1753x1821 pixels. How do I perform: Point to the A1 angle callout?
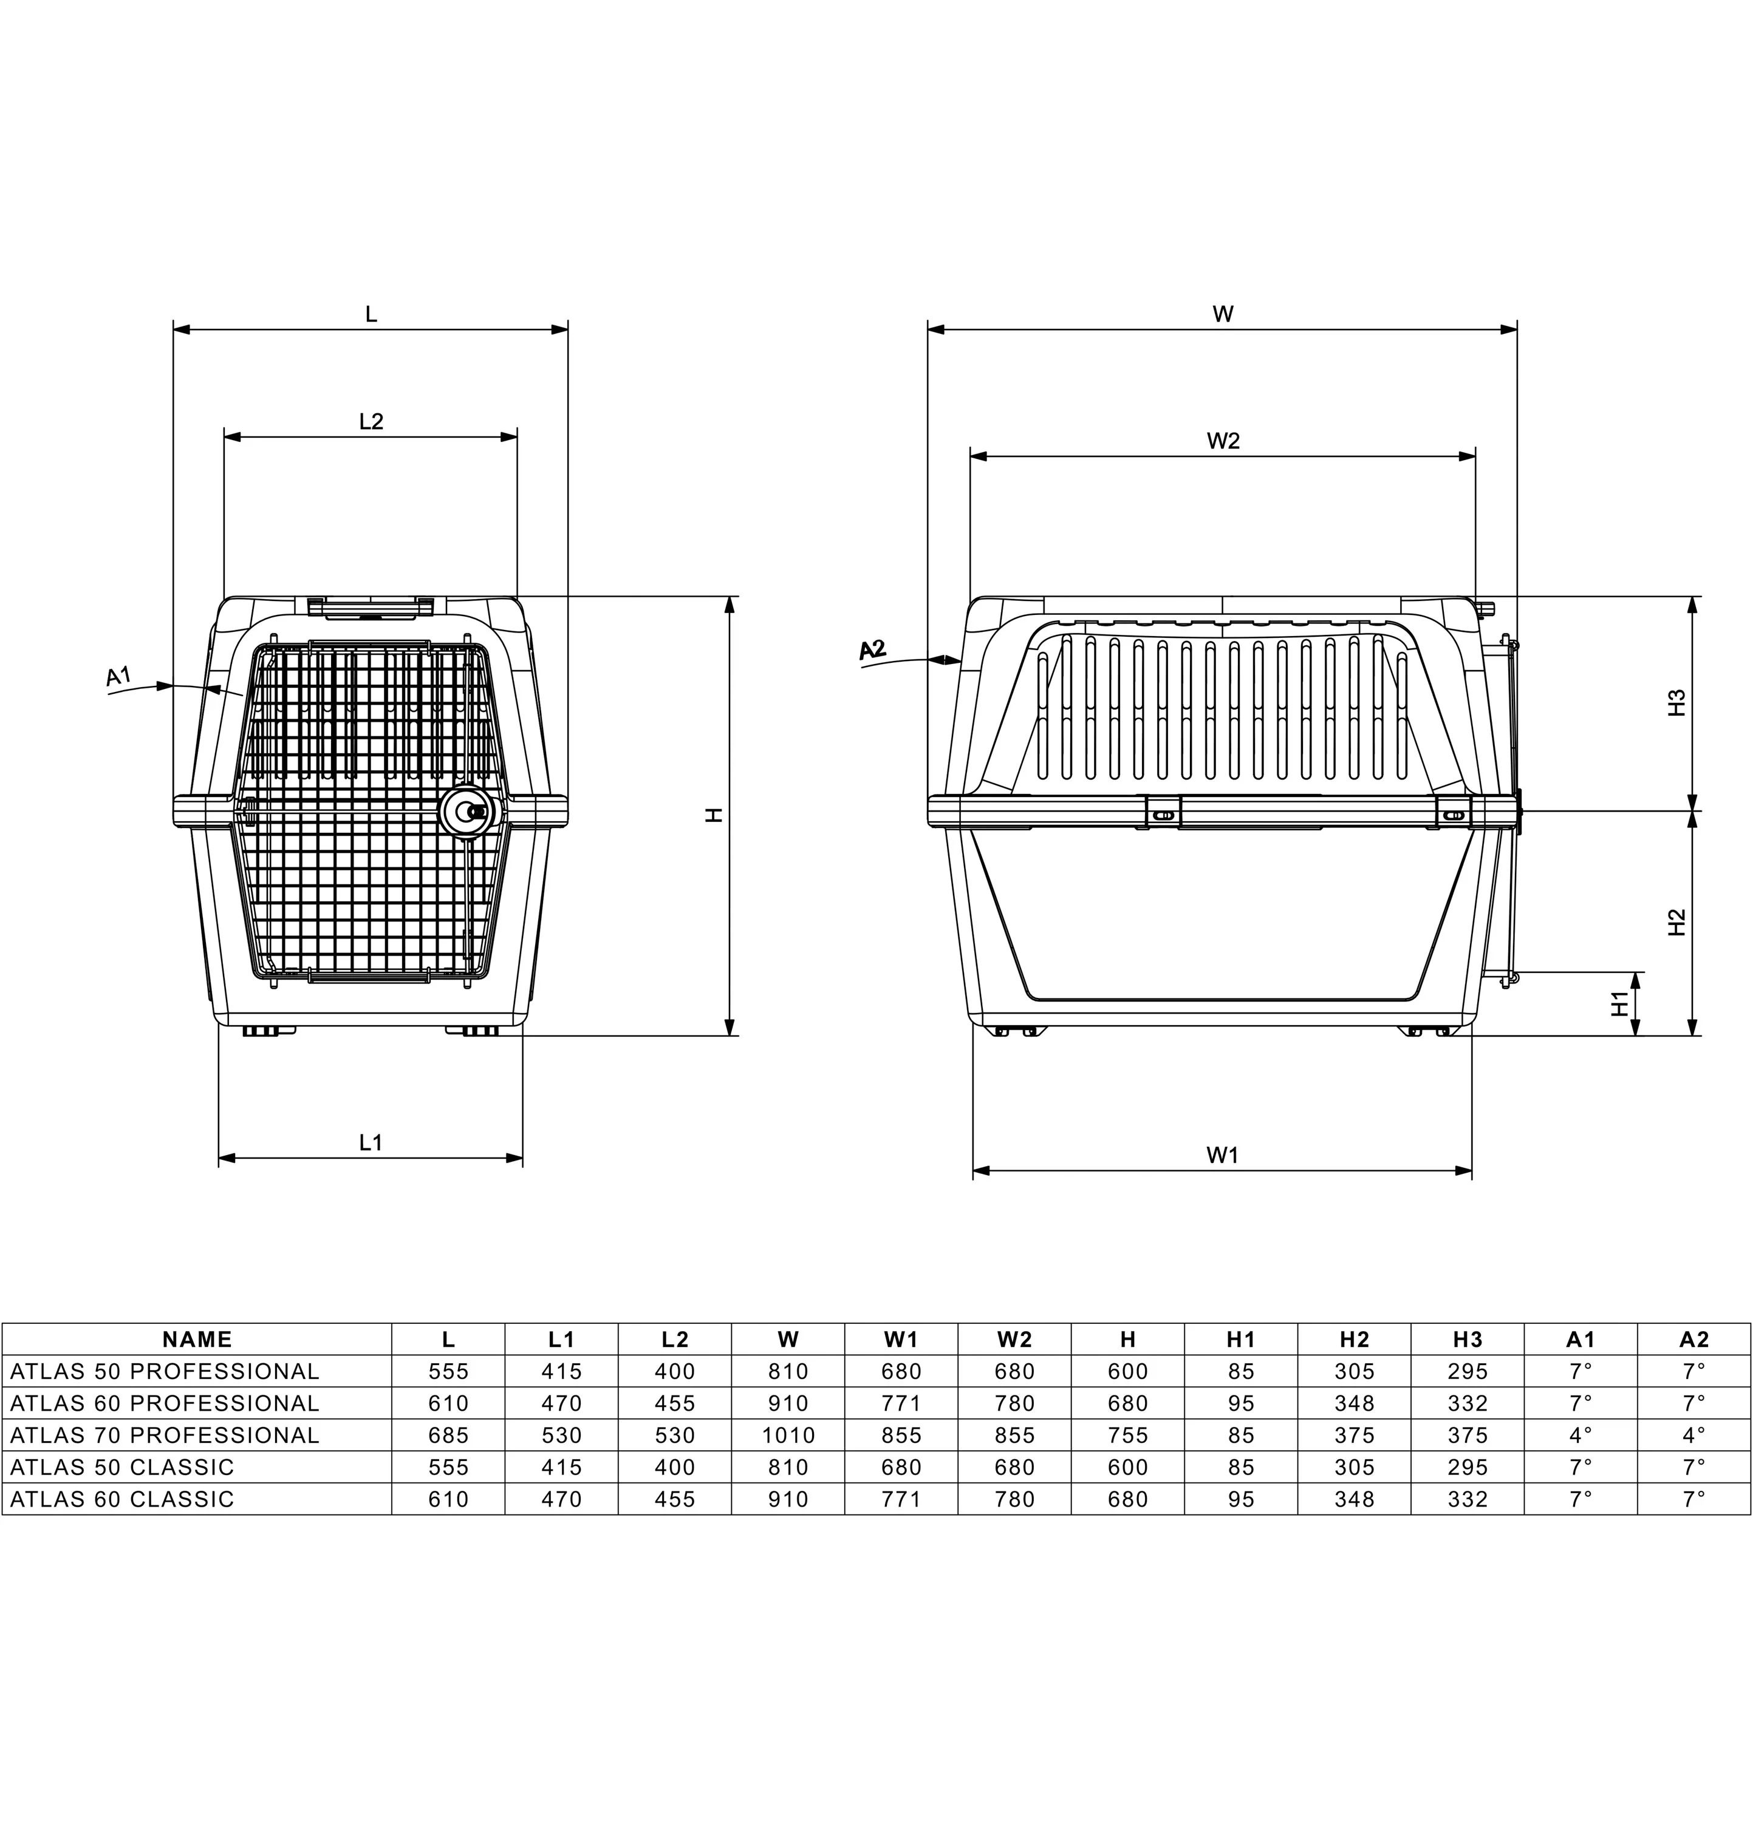pyautogui.click(x=118, y=676)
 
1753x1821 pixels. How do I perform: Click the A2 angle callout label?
pyautogui.click(x=872, y=650)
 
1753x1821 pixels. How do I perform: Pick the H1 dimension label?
pyautogui.click(x=1620, y=1003)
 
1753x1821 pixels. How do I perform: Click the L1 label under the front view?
pyautogui.click(x=371, y=1143)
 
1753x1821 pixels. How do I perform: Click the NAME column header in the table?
pyautogui.click(x=197, y=1340)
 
